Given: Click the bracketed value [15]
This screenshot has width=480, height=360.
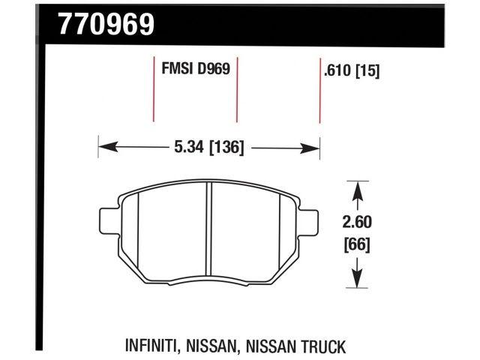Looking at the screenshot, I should tap(368, 72).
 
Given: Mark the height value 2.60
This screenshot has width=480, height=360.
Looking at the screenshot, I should tap(358, 223).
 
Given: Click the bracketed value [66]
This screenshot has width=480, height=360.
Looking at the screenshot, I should tap(358, 244).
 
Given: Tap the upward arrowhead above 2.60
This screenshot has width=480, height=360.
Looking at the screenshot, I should tap(358, 188).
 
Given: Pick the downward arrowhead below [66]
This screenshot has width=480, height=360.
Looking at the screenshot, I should tap(358, 281).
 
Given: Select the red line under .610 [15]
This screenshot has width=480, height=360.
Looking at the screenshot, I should tap(320, 101).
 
